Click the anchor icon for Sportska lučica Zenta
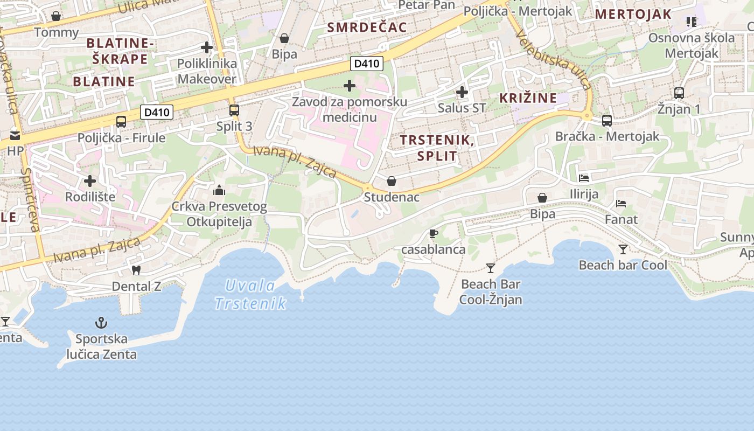[x=101, y=323]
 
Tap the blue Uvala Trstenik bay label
[x=250, y=295]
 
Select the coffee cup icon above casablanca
[x=433, y=233]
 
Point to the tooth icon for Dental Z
[x=136, y=270]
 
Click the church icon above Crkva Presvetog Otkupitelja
[x=219, y=190]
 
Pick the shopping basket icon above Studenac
[x=392, y=181]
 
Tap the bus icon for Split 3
[x=234, y=110]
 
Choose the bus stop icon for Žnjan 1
[x=679, y=93]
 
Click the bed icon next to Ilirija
[x=584, y=178]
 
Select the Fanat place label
[x=621, y=220]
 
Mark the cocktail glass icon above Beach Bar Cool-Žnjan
[x=491, y=268]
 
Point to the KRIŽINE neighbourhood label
[x=528, y=98]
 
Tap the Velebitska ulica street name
[x=554, y=59]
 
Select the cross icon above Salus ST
[x=462, y=92]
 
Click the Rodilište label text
[x=90, y=197]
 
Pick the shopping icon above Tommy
[x=56, y=16]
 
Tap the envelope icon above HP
[x=15, y=135]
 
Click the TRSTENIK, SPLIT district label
[x=436, y=149]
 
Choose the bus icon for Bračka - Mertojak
[x=607, y=121]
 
